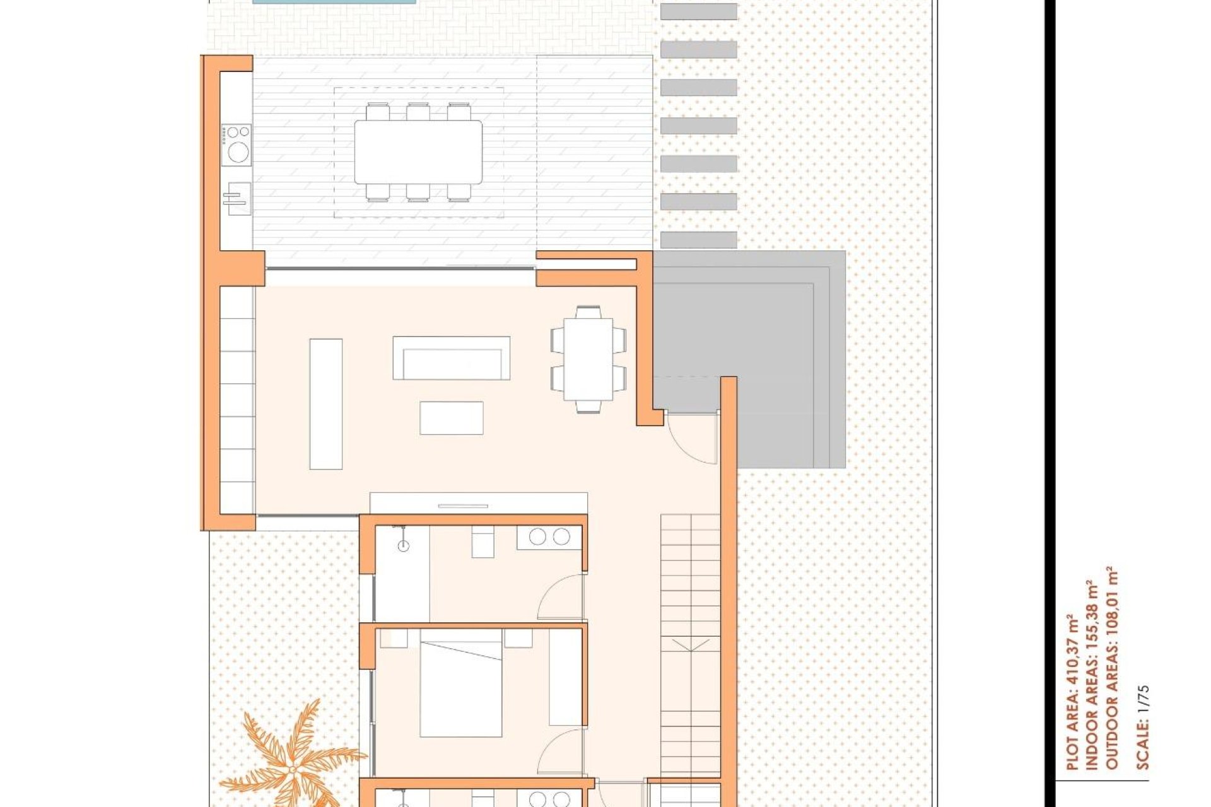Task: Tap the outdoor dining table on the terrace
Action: [x=418, y=152]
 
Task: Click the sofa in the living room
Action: [x=451, y=358]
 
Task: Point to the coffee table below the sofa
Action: [x=452, y=418]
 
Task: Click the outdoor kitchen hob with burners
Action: [x=237, y=145]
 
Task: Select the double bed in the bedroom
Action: [x=461, y=689]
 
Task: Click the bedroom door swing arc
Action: [x=560, y=752]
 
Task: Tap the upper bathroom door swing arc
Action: [x=560, y=597]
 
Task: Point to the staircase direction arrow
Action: [x=691, y=646]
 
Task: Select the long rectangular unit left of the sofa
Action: [x=326, y=404]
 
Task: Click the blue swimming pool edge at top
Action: [x=334, y=2]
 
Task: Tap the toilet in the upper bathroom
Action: [x=483, y=543]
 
